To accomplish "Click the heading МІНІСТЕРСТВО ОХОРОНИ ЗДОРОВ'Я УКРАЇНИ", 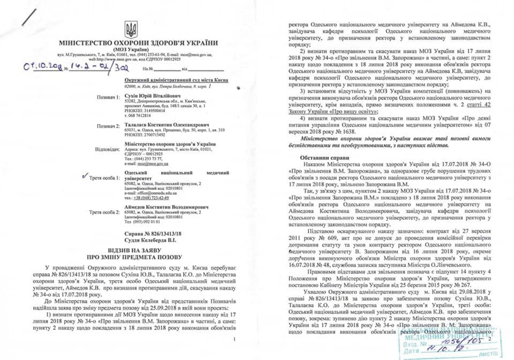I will click(x=138, y=43).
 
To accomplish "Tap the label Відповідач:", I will click(x=107, y=149).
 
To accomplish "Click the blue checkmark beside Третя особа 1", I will click(x=85, y=176).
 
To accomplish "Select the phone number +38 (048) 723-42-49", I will click(x=151, y=198).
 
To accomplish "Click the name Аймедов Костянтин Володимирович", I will click(x=167, y=207).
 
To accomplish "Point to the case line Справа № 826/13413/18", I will click(x=153, y=234).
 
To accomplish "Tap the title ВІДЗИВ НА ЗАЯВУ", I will click(x=134, y=250).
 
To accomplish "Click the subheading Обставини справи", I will click(x=324, y=157).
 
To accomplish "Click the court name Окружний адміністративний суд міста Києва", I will click(x=176, y=80).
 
